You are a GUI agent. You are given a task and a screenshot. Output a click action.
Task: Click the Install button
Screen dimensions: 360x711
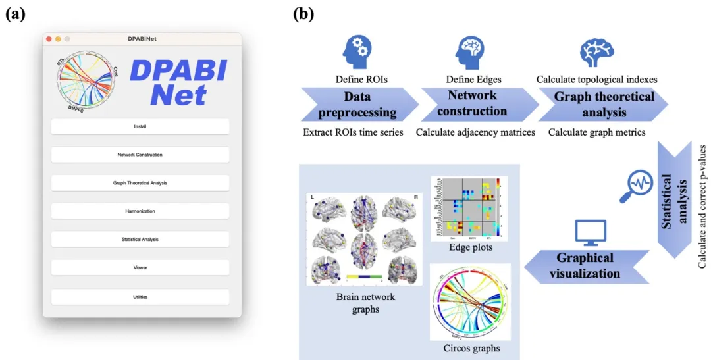point(140,126)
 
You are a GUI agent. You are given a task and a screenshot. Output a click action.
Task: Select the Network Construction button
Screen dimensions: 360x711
point(140,155)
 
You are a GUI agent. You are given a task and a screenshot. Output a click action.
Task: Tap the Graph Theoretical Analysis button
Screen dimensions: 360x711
point(140,183)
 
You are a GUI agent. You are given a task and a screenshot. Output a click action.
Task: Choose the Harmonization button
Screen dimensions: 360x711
point(140,211)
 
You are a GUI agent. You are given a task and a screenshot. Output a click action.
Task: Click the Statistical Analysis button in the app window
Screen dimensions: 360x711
point(140,240)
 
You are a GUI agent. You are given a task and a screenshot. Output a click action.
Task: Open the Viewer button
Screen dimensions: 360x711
point(140,268)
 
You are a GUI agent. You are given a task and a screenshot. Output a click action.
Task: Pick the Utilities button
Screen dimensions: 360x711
point(140,297)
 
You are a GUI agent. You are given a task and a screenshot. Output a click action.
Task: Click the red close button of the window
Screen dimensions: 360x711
point(49,39)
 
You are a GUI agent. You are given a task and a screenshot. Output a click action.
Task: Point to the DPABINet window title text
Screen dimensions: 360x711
point(142,39)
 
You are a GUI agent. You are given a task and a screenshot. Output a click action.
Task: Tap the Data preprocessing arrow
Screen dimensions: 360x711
point(357,105)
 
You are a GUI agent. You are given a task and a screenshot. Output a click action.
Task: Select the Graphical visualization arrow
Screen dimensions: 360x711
point(583,265)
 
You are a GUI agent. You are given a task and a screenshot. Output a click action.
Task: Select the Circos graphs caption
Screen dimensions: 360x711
point(472,348)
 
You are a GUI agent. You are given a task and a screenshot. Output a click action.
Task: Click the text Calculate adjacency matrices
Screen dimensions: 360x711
point(475,132)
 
